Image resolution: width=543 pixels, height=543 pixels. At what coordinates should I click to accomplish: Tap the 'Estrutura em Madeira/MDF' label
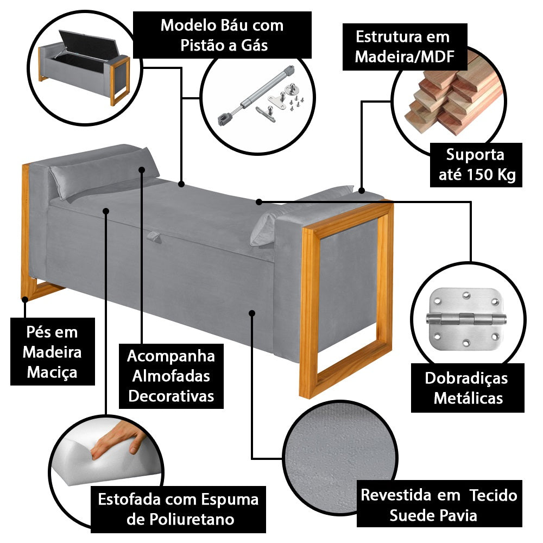403,47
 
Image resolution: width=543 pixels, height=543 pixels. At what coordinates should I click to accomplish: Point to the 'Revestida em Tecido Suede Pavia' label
439,505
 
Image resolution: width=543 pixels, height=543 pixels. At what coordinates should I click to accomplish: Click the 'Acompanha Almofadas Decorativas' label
171,376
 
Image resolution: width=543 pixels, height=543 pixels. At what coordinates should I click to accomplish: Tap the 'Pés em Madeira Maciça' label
52,352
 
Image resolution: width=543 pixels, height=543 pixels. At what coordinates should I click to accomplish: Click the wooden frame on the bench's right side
348,299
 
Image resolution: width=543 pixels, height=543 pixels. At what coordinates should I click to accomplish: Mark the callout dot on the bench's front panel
251,312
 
